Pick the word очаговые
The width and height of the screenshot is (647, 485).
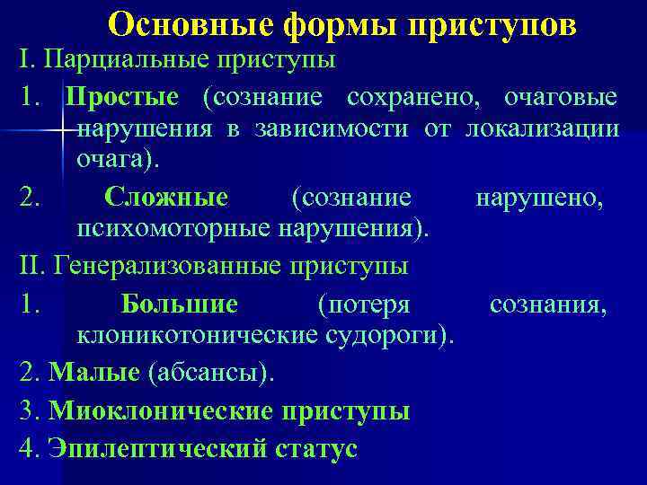point(561,96)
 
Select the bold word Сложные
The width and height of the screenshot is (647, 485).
point(165,197)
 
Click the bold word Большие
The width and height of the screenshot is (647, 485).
point(180,305)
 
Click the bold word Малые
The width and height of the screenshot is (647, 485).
point(94,373)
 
